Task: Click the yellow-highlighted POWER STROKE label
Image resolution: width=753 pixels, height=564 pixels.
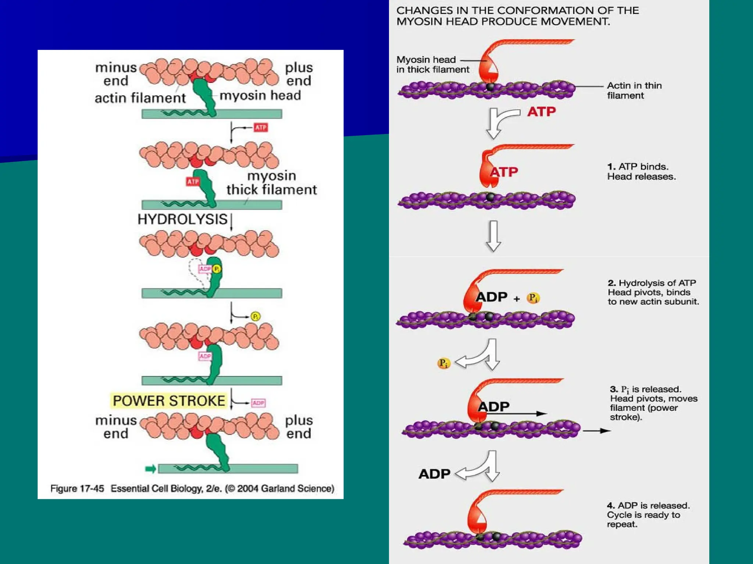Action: [x=169, y=401]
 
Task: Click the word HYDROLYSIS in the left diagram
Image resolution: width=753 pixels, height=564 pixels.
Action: [x=182, y=219]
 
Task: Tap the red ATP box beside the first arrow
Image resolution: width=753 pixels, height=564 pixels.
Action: [x=261, y=127]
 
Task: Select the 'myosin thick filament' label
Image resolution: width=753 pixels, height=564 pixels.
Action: [x=271, y=183]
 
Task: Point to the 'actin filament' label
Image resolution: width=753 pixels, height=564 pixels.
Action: [x=140, y=98]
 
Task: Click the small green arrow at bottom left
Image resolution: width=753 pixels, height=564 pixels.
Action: [x=150, y=469]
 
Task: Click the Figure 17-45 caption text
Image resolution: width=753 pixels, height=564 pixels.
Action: [x=192, y=489]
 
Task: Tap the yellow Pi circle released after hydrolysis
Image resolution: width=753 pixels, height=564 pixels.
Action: [x=256, y=316]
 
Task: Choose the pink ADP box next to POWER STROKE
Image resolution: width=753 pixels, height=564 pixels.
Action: [x=258, y=403]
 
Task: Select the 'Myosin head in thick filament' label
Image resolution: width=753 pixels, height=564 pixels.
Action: [x=432, y=65]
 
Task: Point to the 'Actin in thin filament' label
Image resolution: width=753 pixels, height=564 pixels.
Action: [x=634, y=90]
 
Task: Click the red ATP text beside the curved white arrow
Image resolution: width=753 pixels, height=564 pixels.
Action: [x=541, y=112]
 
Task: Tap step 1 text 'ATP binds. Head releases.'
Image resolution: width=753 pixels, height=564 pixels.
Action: [x=641, y=171]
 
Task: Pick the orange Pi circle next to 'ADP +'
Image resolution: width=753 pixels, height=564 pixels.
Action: [x=533, y=298]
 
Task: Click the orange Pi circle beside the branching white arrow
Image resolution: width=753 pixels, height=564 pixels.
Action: [x=443, y=364]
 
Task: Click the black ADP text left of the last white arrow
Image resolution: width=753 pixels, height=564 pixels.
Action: [x=434, y=474]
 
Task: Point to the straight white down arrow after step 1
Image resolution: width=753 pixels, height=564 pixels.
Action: [x=493, y=236]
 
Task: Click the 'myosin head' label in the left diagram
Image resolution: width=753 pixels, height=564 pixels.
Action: [x=260, y=95]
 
